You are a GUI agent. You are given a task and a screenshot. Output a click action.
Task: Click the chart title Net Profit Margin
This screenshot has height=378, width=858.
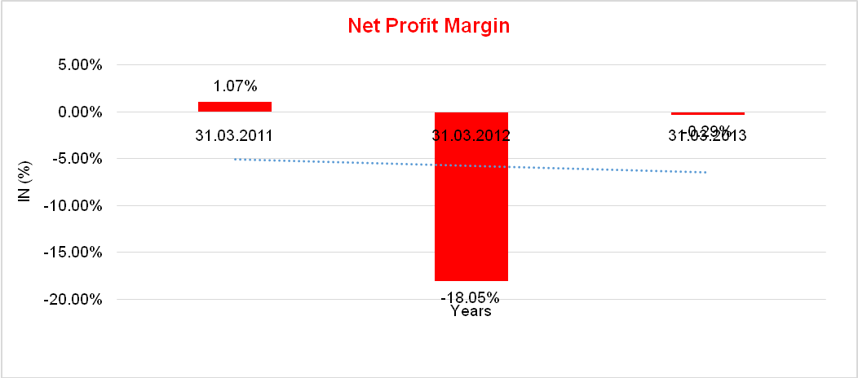(428, 25)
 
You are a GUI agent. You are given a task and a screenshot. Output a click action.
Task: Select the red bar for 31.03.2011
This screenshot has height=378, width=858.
(235, 107)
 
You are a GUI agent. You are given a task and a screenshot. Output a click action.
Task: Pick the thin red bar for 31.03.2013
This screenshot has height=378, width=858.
(707, 114)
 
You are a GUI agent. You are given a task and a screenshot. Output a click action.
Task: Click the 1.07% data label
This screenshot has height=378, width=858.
(235, 86)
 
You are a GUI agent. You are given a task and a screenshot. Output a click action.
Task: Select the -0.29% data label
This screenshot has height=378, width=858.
(708, 130)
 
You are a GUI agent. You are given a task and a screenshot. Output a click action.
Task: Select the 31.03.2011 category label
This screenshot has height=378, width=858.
(234, 136)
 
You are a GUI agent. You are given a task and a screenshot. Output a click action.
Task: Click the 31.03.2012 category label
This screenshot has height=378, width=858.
(471, 136)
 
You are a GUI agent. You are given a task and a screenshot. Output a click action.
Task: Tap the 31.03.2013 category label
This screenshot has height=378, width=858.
(707, 138)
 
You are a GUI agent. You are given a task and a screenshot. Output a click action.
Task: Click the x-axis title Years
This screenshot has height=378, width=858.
(471, 311)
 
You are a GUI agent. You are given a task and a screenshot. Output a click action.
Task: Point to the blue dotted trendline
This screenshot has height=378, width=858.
(351, 162)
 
